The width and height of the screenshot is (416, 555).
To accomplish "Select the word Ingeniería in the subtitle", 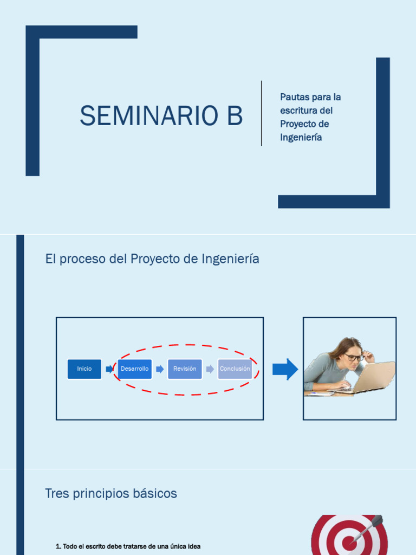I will [x=301, y=138].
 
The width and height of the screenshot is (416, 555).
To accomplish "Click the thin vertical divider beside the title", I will [x=261, y=113].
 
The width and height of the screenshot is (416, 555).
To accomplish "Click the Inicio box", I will [x=84, y=369].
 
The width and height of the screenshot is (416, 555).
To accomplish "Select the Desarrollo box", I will [x=134, y=369].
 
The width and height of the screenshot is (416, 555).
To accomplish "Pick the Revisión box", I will [x=185, y=369].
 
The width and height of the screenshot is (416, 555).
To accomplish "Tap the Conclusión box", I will [x=235, y=369].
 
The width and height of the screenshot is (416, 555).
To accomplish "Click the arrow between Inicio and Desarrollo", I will [x=109, y=369].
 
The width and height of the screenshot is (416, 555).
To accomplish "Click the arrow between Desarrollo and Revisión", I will [x=160, y=369].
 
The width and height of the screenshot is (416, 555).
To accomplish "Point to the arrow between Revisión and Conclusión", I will [x=210, y=369].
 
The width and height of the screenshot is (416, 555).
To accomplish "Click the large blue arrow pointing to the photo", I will [x=285, y=370].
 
